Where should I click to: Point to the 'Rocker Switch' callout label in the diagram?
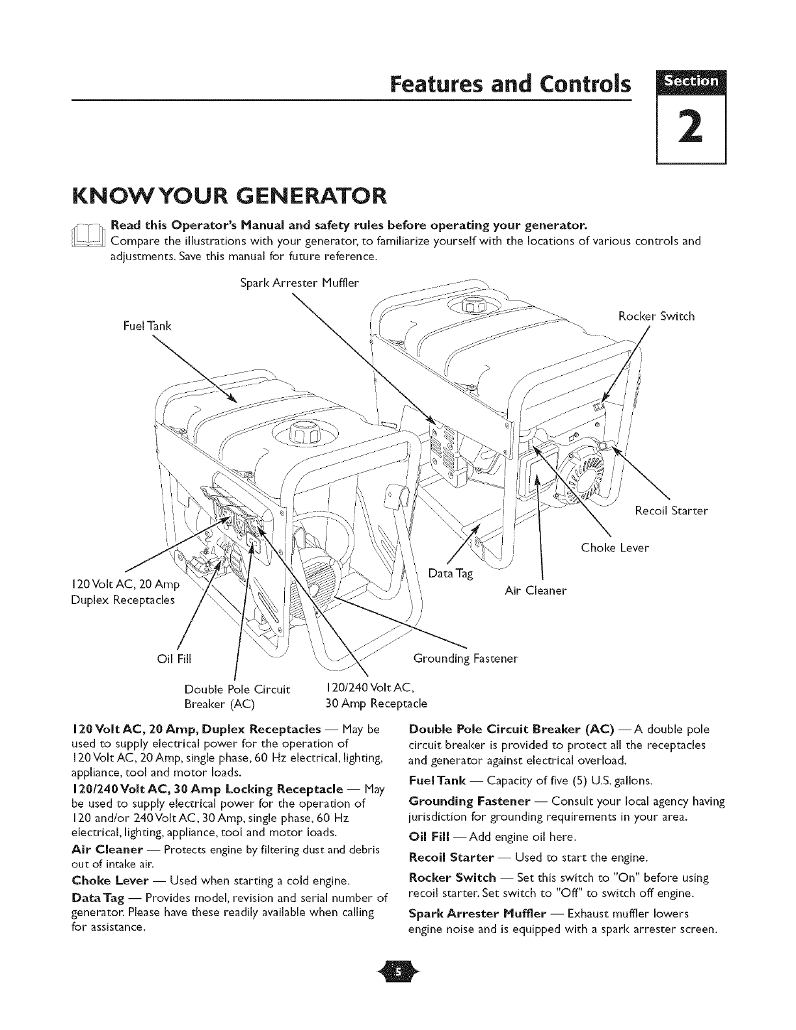[656, 317]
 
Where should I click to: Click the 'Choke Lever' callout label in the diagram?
[615, 548]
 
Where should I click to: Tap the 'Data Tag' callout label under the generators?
[451, 574]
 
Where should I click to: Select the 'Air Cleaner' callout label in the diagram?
[536, 590]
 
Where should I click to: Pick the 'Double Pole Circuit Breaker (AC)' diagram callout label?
[237, 696]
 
